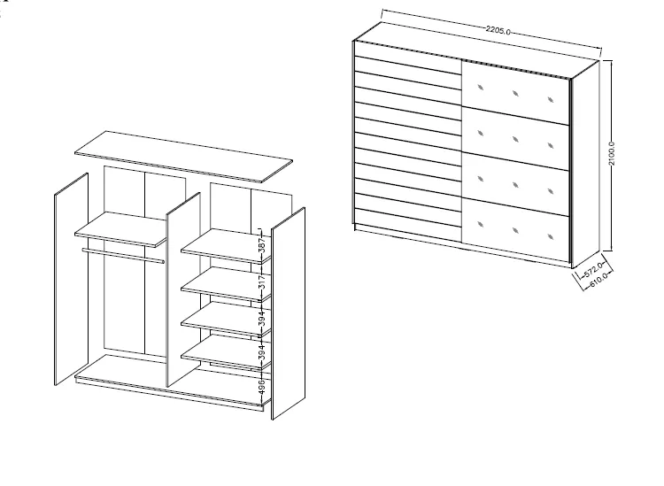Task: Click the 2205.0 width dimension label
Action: tap(498, 30)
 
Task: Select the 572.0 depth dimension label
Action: tap(593, 270)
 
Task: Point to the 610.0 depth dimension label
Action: tap(598, 279)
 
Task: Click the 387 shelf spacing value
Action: tap(262, 245)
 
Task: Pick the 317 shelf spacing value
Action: tap(262, 282)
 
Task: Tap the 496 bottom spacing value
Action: tap(262, 387)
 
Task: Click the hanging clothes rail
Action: tap(123, 256)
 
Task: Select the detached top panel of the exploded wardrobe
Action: tap(184, 156)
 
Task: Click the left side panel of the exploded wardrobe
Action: tap(71, 279)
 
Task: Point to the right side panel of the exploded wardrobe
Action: tap(288, 313)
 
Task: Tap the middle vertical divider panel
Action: tap(183, 289)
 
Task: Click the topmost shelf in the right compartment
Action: tap(226, 246)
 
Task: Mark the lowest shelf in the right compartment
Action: tap(226, 352)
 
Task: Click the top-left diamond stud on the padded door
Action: tap(480, 88)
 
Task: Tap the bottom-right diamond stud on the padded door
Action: tap(551, 236)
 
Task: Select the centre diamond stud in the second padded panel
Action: tap(515, 139)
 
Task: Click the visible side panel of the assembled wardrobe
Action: tap(586, 165)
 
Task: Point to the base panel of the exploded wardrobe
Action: tap(169, 383)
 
